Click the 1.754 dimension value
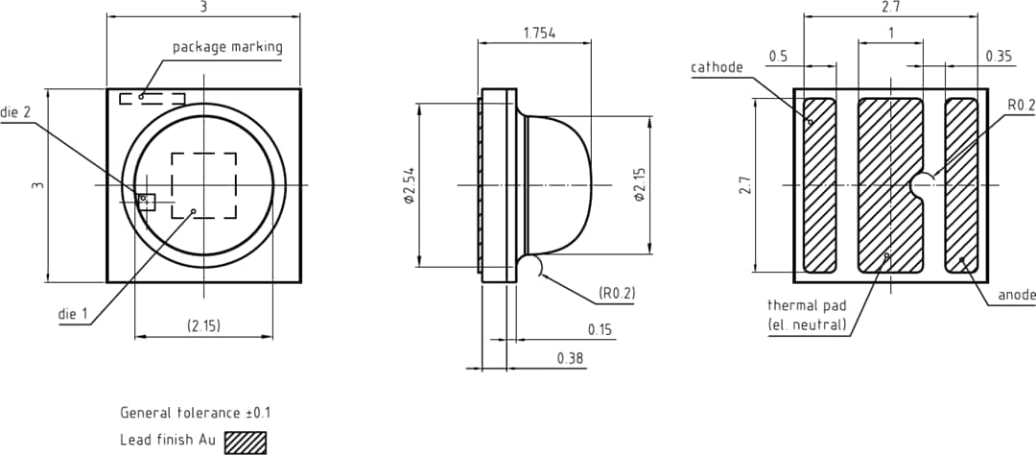click(x=540, y=33)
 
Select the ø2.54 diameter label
click(x=408, y=185)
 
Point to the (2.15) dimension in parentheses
click(x=203, y=326)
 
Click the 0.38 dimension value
click(x=571, y=358)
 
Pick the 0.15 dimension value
click(x=600, y=329)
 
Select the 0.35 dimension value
click(x=999, y=57)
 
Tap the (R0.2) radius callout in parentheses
click(x=617, y=292)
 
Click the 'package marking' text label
click(x=227, y=47)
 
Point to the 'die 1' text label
click(x=73, y=314)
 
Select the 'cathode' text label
click(x=717, y=67)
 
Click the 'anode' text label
click(x=1016, y=296)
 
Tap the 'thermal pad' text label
click(x=807, y=305)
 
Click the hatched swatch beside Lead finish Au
click(x=245, y=442)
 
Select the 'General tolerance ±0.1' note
click(x=195, y=413)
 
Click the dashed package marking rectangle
click(x=152, y=98)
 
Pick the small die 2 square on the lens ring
click(x=147, y=200)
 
